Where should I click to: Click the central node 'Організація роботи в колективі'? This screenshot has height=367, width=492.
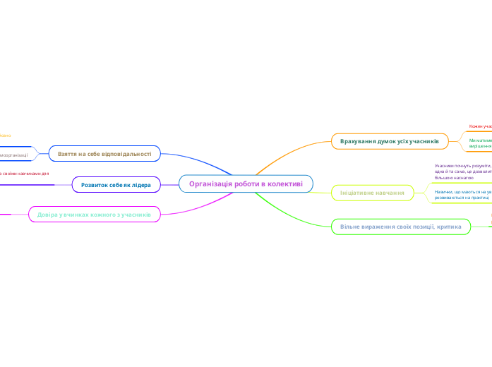(x=246, y=184)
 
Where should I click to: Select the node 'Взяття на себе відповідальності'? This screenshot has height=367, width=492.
(x=104, y=153)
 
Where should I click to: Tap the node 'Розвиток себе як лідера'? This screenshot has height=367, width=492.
(x=116, y=185)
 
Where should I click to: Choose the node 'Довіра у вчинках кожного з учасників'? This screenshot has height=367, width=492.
(x=94, y=214)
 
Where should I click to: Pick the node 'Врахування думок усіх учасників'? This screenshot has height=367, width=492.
(x=390, y=142)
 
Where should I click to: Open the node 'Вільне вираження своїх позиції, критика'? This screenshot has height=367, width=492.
(x=400, y=227)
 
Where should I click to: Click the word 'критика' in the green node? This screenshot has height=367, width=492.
(x=449, y=227)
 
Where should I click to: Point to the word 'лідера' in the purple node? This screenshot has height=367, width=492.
(x=140, y=185)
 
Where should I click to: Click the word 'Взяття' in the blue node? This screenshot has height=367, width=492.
(x=68, y=153)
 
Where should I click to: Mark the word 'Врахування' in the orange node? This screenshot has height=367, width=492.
(x=359, y=142)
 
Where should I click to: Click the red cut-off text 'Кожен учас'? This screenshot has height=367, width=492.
(x=480, y=126)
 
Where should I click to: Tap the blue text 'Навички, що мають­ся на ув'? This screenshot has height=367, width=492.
(x=463, y=191)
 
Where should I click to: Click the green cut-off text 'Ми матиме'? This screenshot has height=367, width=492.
(x=480, y=140)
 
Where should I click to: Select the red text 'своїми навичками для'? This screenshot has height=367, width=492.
(x=25, y=173)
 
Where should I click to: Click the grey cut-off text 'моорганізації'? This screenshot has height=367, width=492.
(x=14, y=154)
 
